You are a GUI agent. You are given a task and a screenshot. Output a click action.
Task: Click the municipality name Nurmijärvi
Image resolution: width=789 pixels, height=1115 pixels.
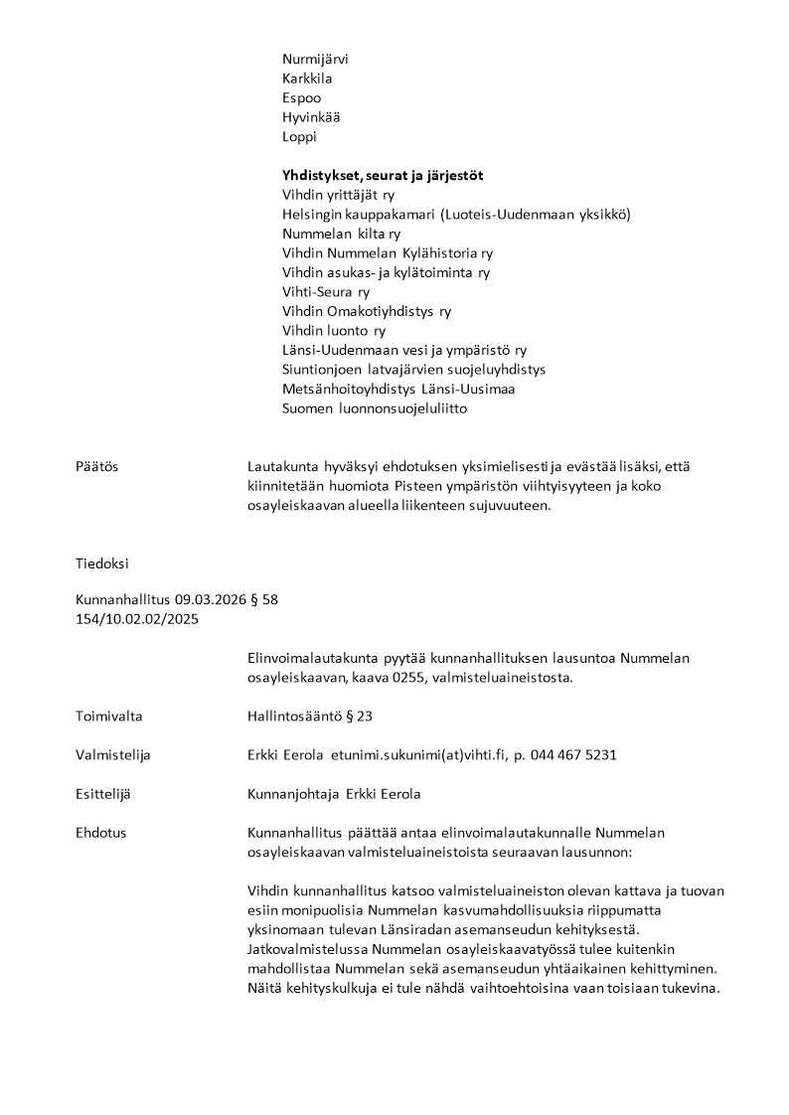click(315, 59)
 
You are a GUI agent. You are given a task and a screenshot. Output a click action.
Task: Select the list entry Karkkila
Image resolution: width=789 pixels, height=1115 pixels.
click(307, 79)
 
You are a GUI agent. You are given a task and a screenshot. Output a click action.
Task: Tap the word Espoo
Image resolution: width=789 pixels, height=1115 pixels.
click(301, 98)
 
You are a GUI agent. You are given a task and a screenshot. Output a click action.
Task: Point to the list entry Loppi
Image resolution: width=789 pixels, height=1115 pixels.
click(299, 137)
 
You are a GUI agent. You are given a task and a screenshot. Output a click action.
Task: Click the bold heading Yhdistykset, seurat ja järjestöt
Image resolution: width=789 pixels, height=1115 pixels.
click(383, 176)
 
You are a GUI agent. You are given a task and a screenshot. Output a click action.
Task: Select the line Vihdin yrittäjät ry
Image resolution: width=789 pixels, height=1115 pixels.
click(338, 195)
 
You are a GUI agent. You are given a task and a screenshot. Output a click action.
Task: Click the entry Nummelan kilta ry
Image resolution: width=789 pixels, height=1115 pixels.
click(341, 234)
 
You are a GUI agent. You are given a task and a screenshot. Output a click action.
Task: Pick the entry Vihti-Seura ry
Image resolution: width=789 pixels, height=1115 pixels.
click(326, 292)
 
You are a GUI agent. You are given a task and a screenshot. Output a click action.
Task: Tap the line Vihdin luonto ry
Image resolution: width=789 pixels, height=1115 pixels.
click(334, 331)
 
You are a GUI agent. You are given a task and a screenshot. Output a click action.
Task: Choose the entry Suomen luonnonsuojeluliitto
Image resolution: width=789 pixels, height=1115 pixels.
click(375, 408)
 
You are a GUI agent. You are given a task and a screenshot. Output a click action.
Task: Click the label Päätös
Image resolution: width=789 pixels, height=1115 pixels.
click(96, 467)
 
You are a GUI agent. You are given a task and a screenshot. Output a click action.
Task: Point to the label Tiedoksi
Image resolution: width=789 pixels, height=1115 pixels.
click(101, 563)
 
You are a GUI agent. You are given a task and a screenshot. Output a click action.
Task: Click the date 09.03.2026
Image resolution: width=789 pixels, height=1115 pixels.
click(208, 600)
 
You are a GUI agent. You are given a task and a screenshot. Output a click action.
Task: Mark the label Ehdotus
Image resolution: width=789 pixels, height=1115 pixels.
click(100, 833)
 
